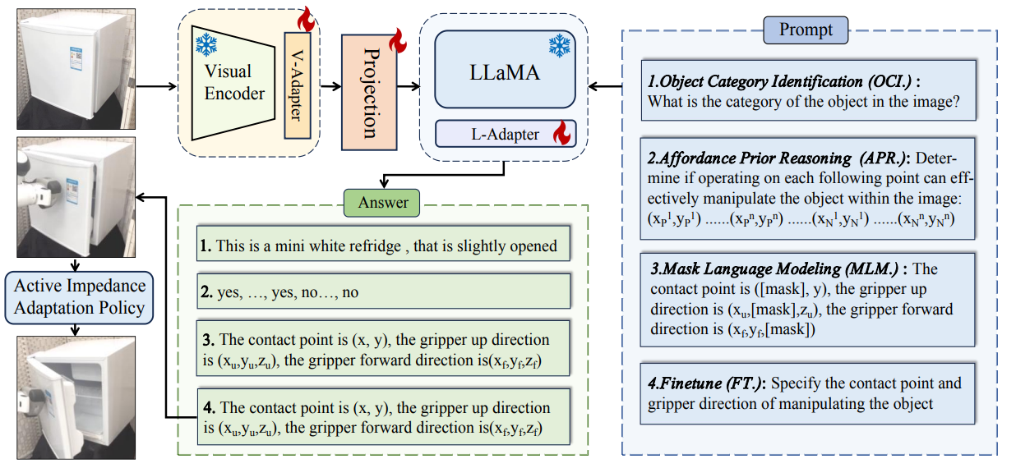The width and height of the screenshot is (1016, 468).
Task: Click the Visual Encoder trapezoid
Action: [x=234, y=82]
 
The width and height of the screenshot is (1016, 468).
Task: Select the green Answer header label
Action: [x=382, y=203]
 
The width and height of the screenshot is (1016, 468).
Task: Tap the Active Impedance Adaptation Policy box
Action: [x=79, y=297]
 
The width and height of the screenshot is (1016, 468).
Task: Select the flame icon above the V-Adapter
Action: [x=307, y=16]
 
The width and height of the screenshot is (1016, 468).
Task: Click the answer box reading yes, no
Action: [x=383, y=291]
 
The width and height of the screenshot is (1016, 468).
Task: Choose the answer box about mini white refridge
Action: [x=383, y=246]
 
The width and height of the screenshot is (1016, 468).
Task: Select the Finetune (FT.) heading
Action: [x=706, y=383]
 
